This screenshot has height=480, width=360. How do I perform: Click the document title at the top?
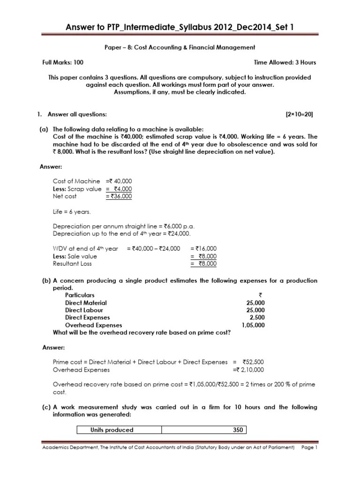[180, 29]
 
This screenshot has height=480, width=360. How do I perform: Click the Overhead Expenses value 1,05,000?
[253, 325]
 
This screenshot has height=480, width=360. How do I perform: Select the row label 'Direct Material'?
[86, 303]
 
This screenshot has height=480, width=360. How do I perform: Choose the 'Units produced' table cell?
[112, 430]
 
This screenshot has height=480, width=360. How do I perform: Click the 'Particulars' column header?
[80, 295]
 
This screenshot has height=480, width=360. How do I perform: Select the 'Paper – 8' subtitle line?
[180, 47]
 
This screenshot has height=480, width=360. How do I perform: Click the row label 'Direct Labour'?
[84, 310]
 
